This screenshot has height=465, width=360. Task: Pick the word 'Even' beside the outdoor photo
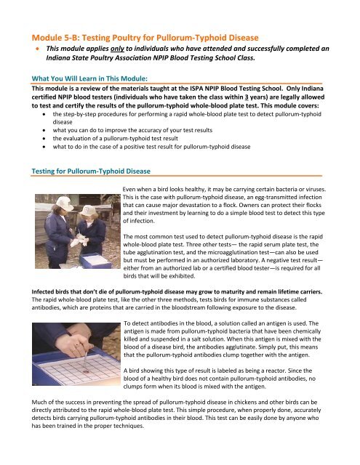133,187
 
